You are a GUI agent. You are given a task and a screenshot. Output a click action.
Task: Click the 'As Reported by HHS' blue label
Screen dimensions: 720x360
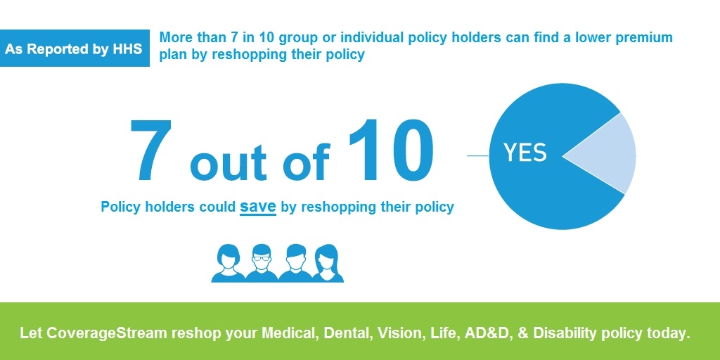pos(75,49)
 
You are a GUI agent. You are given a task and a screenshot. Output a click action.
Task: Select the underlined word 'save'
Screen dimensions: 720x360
pos(257,207)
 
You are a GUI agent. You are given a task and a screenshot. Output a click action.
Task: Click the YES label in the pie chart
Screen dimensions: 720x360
pos(525,153)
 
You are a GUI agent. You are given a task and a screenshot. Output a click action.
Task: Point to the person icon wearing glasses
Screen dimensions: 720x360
pos(262,263)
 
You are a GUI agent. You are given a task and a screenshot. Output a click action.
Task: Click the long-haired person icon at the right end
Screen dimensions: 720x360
pos(327,263)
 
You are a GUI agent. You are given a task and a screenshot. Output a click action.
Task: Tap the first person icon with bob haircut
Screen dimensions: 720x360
pos(228,263)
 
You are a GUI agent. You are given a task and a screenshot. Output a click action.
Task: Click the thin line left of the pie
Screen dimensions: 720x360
pos(478,155)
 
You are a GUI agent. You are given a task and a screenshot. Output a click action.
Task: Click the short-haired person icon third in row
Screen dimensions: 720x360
pos(295,263)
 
